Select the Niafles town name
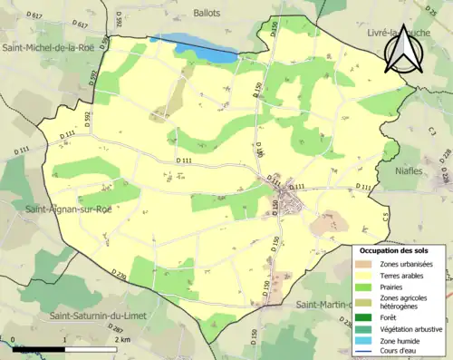pos(416,170)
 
